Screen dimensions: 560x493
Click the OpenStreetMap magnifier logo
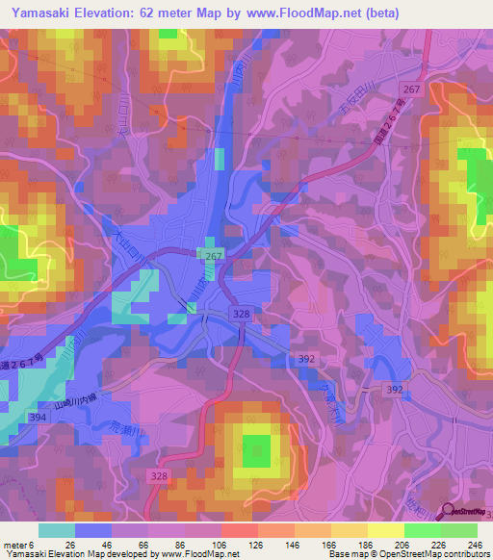pyautogui.click(x=445, y=515)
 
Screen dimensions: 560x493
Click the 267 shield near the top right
pyautogui.click(x=412, y=89)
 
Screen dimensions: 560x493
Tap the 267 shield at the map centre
pyautogui.click(x=211, y=254)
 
